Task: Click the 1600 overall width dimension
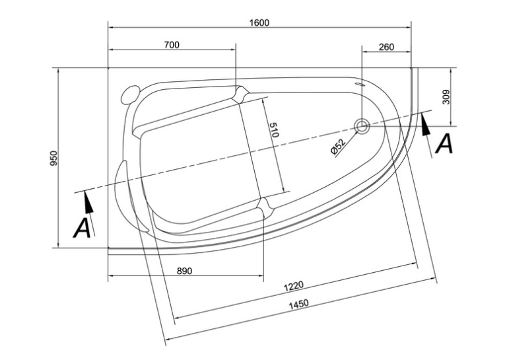(x=259, y=22)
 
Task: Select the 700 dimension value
(x=172, y=45)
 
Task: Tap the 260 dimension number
(x=386, y=47)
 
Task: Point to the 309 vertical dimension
(x=446, y=96)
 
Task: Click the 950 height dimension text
(x=53, y=158)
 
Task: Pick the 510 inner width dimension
(x=274, y=130)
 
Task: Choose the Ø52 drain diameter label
(x=338, y=147)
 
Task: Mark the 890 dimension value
(x=185, y=271)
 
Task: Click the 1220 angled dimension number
(x=293, y=286)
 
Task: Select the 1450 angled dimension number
(x=298, y=304)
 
